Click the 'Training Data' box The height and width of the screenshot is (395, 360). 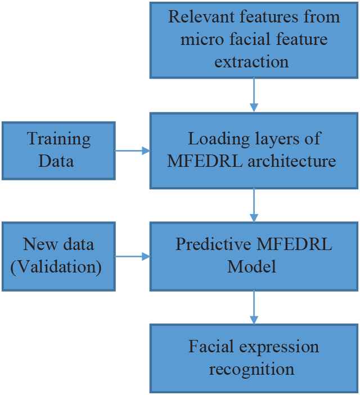58,150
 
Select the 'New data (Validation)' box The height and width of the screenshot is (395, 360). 58,256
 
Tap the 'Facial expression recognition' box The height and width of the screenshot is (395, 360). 254,358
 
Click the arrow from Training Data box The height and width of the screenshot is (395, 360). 133,151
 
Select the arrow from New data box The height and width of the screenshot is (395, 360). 133,256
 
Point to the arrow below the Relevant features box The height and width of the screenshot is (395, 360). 254,94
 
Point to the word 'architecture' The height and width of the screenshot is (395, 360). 291,161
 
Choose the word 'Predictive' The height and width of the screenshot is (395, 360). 212,244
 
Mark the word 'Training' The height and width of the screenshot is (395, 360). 58,139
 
